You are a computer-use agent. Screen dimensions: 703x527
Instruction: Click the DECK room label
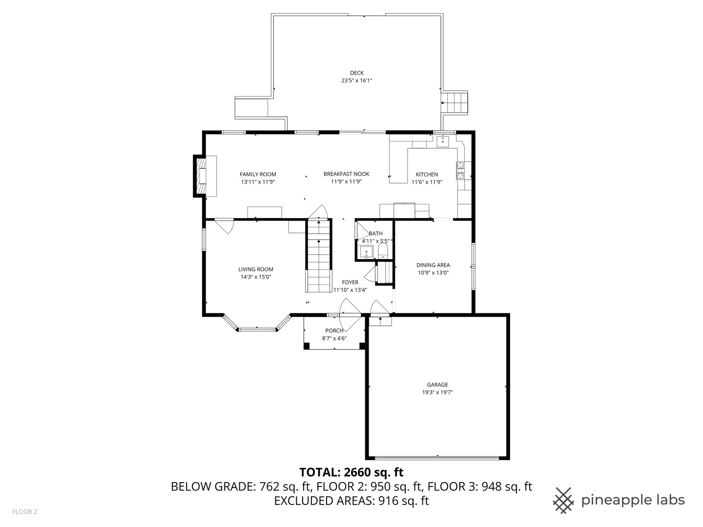tap(356, 73)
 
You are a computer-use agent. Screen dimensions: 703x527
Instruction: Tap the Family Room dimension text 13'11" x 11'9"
tap(258, 182)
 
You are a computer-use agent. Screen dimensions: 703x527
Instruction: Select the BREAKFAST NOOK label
tap(346, 174)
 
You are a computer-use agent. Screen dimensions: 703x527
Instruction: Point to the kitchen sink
tap(443, 141)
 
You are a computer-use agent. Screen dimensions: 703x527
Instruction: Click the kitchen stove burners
tap(460, 170)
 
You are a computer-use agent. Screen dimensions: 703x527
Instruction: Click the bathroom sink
tap(366, 252)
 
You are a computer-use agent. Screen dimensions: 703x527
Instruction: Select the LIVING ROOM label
tap(256, 269)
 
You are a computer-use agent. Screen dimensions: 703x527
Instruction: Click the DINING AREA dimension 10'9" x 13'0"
tap(433, 273)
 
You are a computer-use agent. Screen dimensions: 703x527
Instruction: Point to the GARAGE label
tap(437, 385)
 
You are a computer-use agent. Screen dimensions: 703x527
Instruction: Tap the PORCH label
tap(334, 330)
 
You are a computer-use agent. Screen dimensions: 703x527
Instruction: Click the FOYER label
tap(350, 282)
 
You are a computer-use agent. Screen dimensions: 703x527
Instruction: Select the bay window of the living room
tap(257, 328)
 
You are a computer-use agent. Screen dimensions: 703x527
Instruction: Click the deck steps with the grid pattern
tap(455, 103)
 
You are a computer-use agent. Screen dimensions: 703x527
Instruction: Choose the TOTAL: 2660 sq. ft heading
tap(351, 472)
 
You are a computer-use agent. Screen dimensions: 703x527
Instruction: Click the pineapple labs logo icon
tap(563, 500)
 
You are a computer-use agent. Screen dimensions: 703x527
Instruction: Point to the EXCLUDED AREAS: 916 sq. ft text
tap(351, 501)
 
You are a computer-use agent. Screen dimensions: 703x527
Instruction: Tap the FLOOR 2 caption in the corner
tap(25, 512)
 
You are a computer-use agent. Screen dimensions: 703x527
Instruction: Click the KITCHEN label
tap(427, 174)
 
